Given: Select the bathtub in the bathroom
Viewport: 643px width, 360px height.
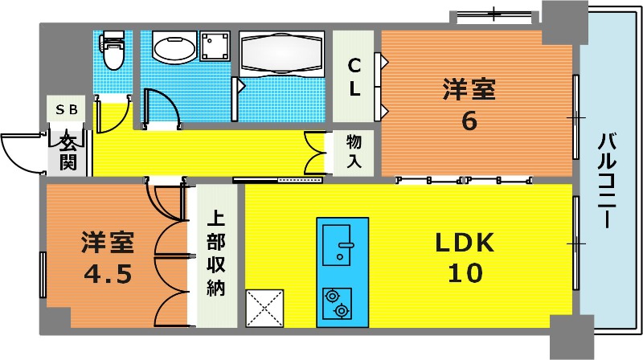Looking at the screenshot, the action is pyautogui.click(x=282, y=53).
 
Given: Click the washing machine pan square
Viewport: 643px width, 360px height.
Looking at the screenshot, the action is pyautogui.click(x=215, y=46).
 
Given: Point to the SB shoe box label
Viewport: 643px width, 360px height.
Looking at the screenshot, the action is pyautogui.click(x=67, y=109).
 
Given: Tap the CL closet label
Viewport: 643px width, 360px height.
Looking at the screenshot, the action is pyautogui.click(x=354, y=77).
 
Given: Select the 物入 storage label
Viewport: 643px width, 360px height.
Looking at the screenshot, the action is pyautogui.click(x=354, y=150).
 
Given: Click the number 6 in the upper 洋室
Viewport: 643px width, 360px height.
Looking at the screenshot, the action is pyautogui.click(x=469, y=121).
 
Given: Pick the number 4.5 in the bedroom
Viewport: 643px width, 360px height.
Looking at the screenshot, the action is pyautogui.click(x=108, y=273).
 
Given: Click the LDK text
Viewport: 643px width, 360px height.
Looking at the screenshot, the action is pyautogui.click(x=465, y=243).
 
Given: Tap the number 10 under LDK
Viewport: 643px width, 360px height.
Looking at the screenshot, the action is pyautogui.click(x=465, y=272).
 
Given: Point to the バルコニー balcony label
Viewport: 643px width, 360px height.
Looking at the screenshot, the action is pyautogui.click(x=607, y=181).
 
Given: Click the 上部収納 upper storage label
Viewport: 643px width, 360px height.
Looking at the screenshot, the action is pyautogui.click(x=215, y=253).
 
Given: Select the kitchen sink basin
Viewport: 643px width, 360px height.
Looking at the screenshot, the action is pyautogui.click(x=336, y=245).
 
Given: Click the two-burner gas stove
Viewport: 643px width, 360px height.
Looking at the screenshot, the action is pyautogui.click(x=337, y=304).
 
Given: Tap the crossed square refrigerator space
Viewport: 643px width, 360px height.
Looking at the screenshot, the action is pyautogui.click(x=264, y=308).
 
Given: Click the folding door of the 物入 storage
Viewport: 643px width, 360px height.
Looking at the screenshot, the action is pyautogui.click(x=315, y=153).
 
